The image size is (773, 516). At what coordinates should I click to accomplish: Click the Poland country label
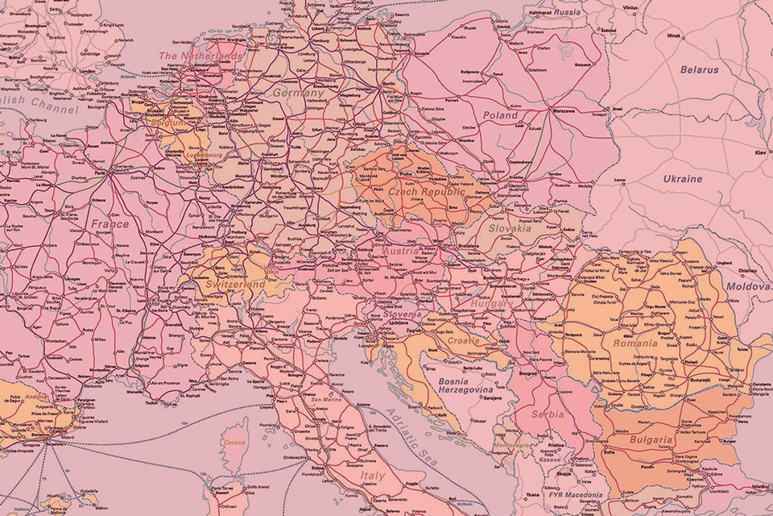coord(500,115)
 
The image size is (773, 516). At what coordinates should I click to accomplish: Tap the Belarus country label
coord(698,70)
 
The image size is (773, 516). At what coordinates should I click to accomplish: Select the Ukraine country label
coord(682,178)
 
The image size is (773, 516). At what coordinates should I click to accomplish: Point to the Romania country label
coord(635,343)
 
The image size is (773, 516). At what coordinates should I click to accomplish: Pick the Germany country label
coord(298,94)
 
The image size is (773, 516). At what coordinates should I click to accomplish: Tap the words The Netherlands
coord(200,56)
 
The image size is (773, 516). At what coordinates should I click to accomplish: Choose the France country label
coord(110,224)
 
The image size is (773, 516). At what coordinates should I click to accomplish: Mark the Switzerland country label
coord(235,285)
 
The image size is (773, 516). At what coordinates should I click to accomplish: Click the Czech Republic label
coord(426,193)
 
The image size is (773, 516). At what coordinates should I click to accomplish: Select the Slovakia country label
coord(510,228)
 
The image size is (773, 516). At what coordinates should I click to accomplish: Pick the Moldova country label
coord(747,286)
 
